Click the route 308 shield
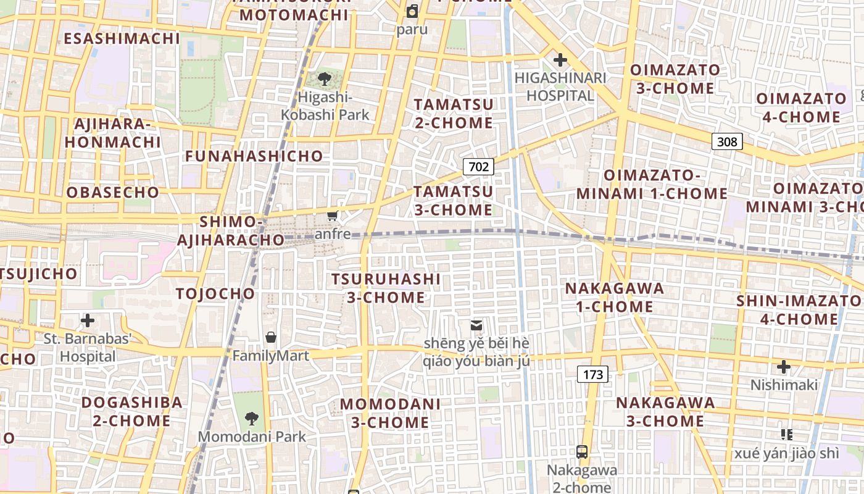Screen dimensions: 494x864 click(x=727, y=141)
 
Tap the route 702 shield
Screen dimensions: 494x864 click(x=478, y=166)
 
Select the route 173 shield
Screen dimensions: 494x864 click(x=592, y=374)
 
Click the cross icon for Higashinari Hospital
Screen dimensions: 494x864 click(x=560, y=60)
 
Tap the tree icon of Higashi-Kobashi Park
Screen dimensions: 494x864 click(x=324, y=78)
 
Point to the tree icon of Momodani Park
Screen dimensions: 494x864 click(x=251, y=419)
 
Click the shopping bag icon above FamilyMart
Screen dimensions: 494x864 click(x=270, y=337)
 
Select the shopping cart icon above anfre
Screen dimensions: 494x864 click(x=333, y=216)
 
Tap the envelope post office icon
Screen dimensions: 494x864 click(x=476, y=325)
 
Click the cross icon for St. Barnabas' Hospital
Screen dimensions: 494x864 click(x=88, y=320)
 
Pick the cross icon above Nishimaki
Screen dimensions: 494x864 click(x=783, y=367)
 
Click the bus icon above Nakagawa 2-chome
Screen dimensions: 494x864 click(x=581, y=452)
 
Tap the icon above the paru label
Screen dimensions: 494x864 click(x=412, y=11)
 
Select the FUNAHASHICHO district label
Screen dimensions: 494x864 click(x=254, y=156)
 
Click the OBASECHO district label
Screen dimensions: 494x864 click(x=113, y=192)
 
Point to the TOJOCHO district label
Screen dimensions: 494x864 click(x=215, y=293)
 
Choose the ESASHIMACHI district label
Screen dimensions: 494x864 click(x=122, y=38)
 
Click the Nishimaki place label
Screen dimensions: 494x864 click(x=784, y=385)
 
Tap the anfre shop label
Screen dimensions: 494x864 click(x=333, y=234)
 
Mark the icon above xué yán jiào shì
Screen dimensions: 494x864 click(x=786, y=435)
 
